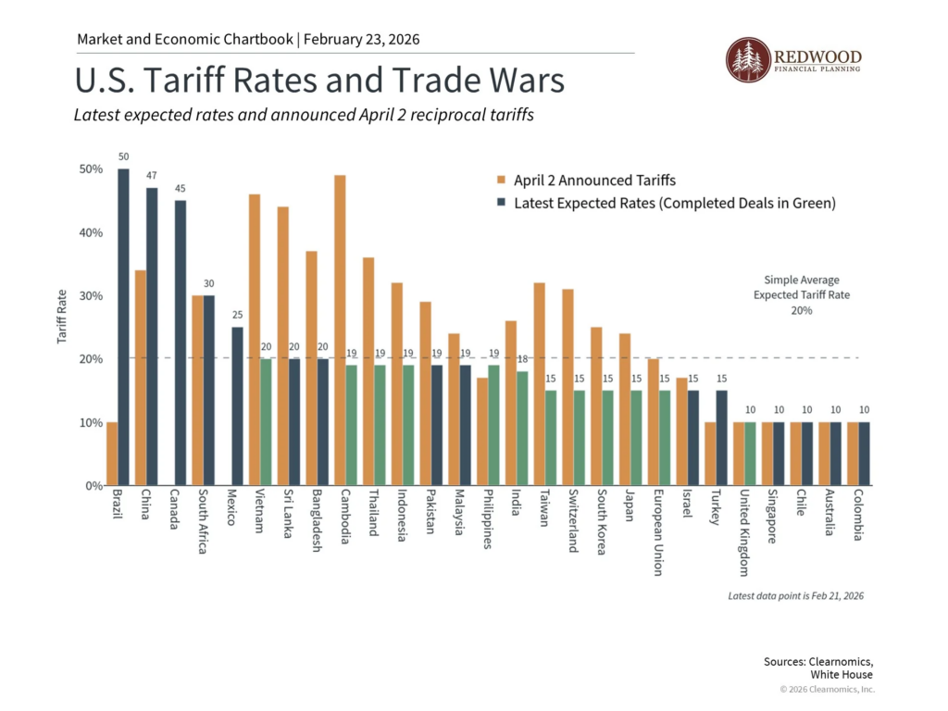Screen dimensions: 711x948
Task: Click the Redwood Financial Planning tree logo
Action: tap(745, 60)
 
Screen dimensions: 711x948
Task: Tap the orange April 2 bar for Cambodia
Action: tap(340, 330)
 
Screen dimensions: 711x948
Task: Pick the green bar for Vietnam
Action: tap(266, 422)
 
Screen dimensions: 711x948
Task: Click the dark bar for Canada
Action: tap(180, 343)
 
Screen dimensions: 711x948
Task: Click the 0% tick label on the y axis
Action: tap(89, 486)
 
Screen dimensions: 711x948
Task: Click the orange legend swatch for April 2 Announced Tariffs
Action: tap(500, 180)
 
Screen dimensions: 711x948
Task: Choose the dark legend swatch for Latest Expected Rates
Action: tap(500, 203)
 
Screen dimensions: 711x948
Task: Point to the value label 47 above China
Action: tap(151, 175)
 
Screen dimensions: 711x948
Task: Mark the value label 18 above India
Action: tap(521, 358)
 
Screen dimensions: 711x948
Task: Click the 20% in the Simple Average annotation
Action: tap(802, 311)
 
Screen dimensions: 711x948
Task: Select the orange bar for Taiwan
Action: tap(538, 384)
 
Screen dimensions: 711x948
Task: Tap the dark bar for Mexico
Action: tap(236, 406)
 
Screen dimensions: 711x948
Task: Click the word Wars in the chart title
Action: tap(522, 81)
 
